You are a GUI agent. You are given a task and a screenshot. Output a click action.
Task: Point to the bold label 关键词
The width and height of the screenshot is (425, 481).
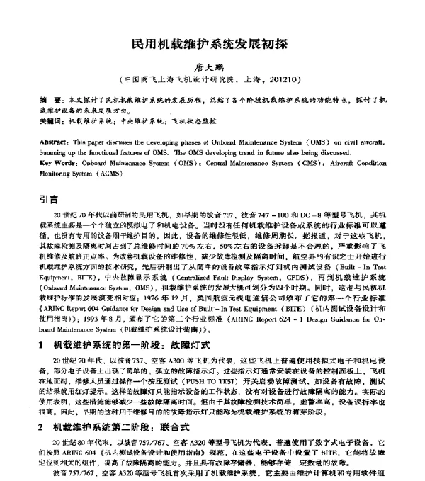(x=50, y=122)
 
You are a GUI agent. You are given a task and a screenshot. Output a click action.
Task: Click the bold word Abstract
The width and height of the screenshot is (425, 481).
(x=55, y=142)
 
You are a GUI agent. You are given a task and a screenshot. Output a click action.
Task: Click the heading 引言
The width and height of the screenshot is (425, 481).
(x=49, y=200)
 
